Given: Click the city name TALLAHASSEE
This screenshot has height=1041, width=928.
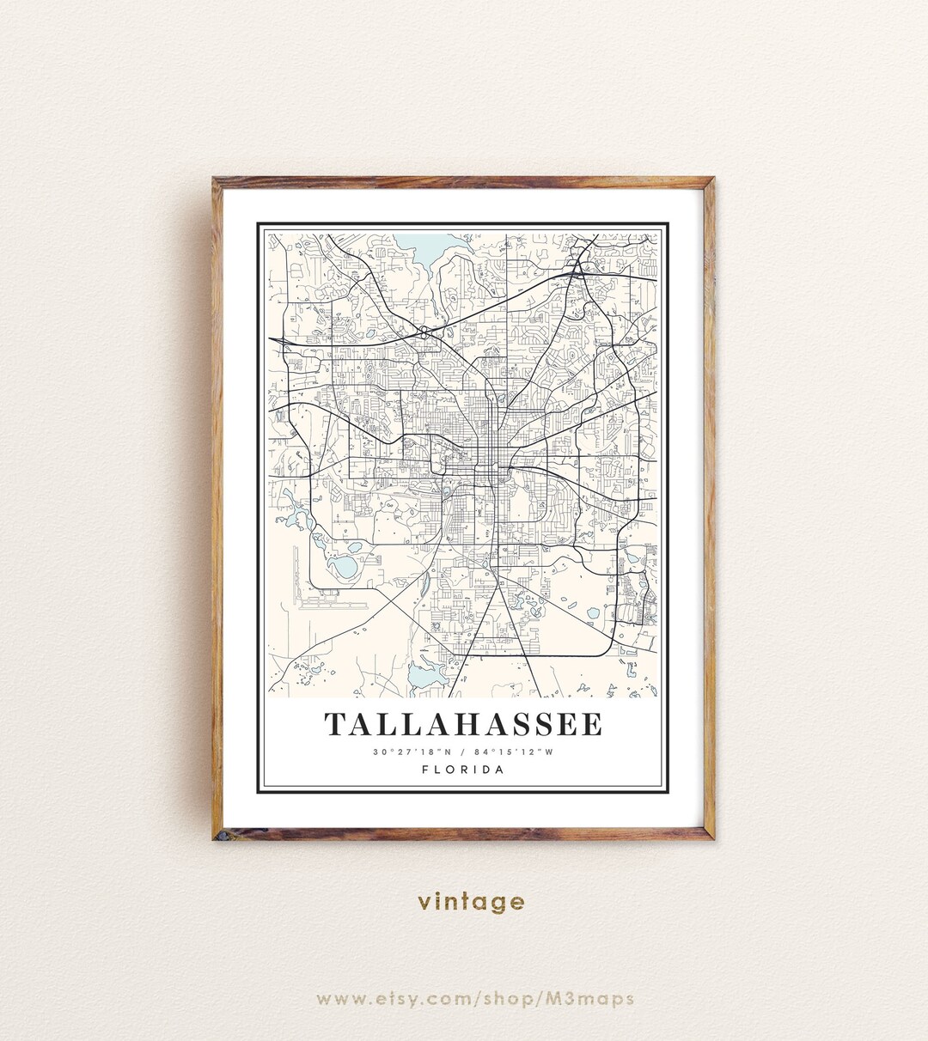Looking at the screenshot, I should coord(463,724).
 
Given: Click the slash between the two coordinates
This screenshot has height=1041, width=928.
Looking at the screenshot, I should coord(463,752).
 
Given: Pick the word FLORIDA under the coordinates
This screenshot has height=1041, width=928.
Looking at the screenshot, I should coord(463,770).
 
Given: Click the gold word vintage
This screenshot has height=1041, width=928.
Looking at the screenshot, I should coord(471,902).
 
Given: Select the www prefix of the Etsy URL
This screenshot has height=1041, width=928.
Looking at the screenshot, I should coord(338,998).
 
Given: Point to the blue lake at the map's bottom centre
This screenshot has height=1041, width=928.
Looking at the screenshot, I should coord(422,677).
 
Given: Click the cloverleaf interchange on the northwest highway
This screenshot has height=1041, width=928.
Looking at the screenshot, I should coord(424,332).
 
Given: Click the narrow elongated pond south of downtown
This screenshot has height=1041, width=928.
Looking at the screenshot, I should coord(427,585).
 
